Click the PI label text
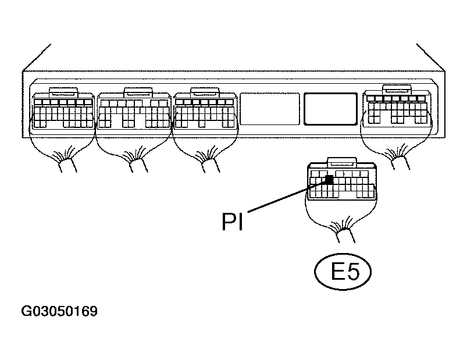point(231,221)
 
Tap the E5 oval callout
point(344,272)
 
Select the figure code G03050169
point(59,312)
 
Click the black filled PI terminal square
point(329,180)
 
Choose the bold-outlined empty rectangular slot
point(330,108)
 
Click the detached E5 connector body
point(340,183)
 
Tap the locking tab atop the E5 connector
point(340,162)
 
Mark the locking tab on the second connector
point(137,91)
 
